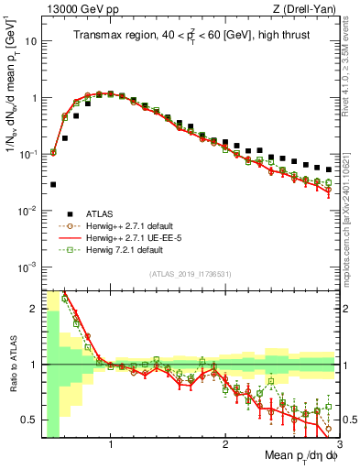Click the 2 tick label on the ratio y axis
tap(33, 308)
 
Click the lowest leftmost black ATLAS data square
tap(52, 184)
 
